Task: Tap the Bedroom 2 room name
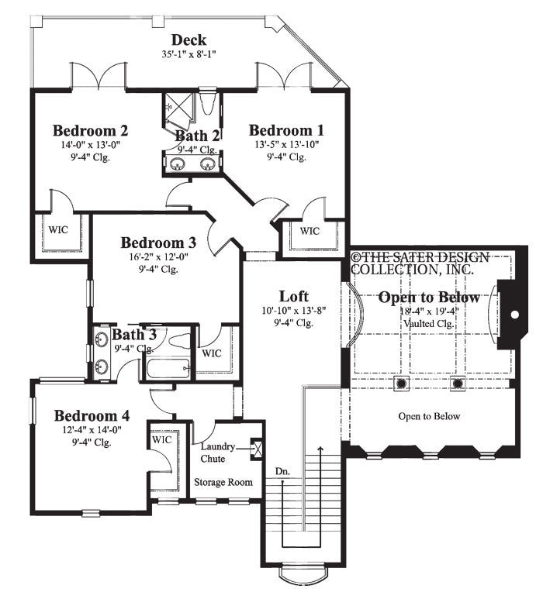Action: [90, 129]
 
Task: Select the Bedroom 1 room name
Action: [286, 129]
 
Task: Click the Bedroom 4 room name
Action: [92, 415]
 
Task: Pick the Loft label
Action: [294, 296]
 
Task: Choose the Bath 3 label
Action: [134, 335]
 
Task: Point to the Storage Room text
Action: [223, 482]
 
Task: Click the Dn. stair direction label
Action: [282, 470]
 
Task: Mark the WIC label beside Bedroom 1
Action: [310, 231]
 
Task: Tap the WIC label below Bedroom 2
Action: [57, 229]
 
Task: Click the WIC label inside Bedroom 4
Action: [161, 439]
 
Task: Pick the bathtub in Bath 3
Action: [165, 367]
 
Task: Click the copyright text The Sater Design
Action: [420, 257]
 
